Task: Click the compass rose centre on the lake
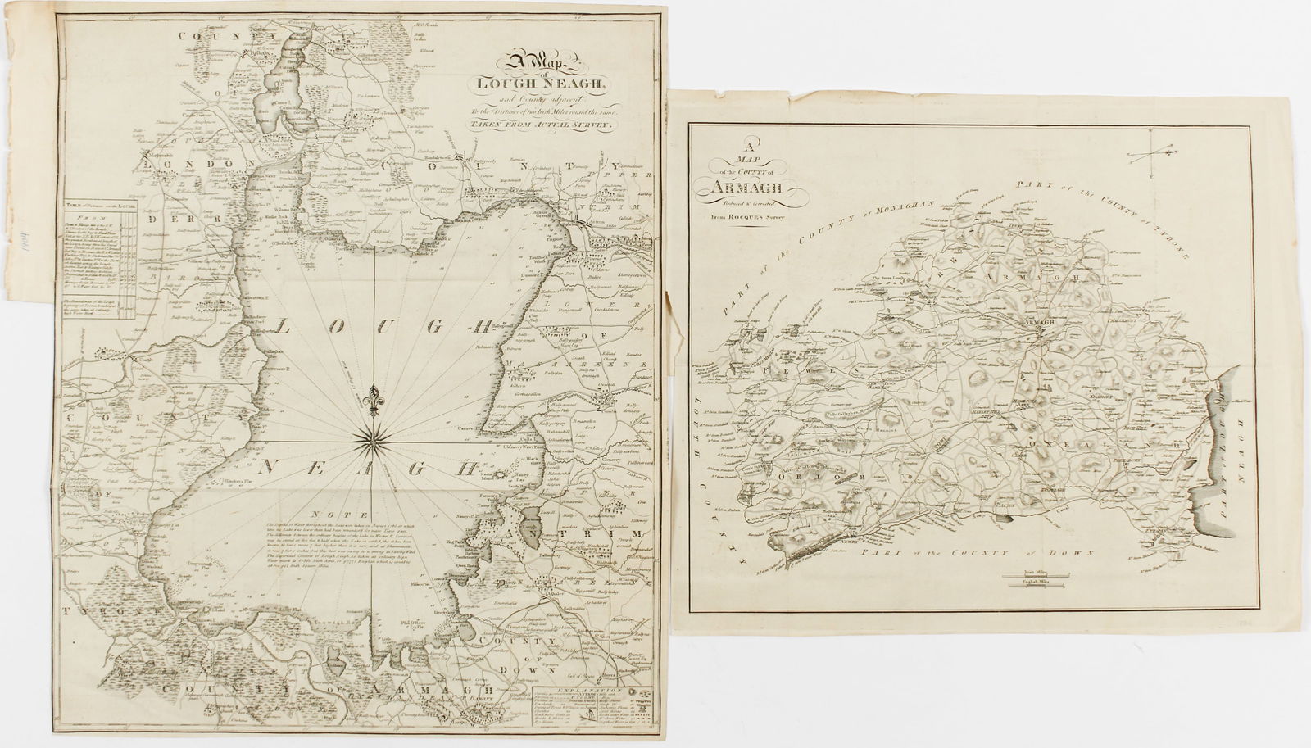pyautogui.click(x=374, y=442)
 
